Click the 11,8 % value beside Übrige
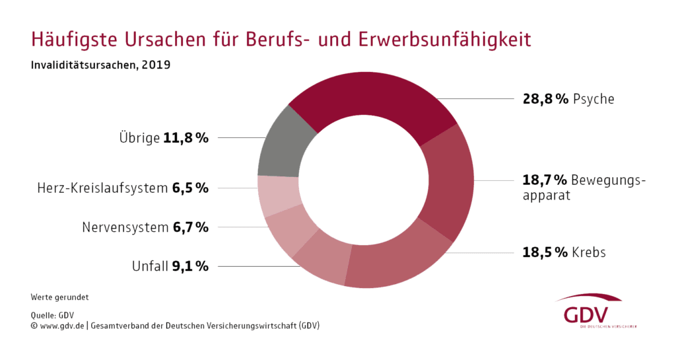coord(186,138)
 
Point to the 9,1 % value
coord(190,267)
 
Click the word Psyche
coord(593,100)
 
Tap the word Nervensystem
coord(125,227)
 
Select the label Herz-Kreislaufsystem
coord(102,188)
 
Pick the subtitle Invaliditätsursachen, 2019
coord(100,66)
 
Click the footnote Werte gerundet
coord(59,297)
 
